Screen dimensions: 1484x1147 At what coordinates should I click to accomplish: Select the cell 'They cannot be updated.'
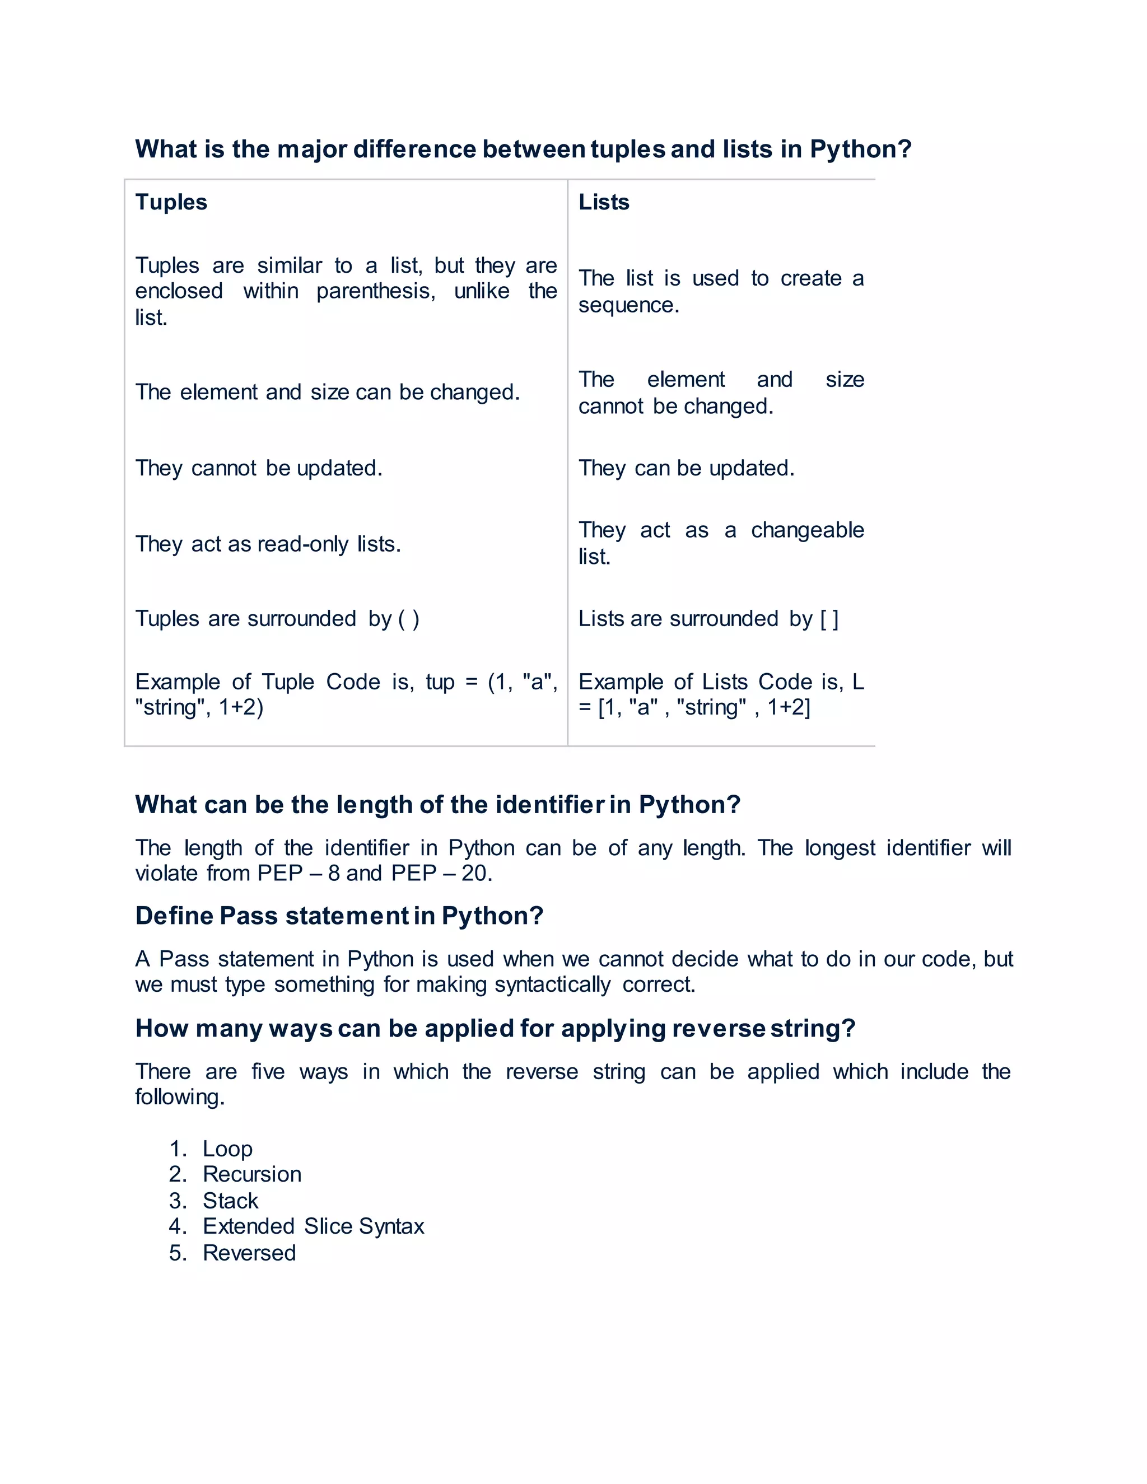pos(259,468)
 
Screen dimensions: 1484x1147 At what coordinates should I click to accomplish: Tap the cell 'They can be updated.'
pos(686,468)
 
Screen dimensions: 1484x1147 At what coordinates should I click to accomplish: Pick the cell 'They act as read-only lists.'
pos(268,544)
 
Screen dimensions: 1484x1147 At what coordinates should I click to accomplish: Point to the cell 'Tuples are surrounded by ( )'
pos(277,618)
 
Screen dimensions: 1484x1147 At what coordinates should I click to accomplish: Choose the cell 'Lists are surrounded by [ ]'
pos(708,618)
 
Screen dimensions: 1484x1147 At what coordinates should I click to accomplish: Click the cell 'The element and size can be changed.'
pos(328,392)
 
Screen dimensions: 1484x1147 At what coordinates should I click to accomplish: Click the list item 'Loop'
pos(227,1149)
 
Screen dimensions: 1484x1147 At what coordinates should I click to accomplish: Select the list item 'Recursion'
pos(251,1174)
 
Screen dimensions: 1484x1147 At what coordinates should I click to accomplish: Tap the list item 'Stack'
pos(230,1201)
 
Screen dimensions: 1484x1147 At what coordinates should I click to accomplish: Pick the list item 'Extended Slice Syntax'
pos(313,1226)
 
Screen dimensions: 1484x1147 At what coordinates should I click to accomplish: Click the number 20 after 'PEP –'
pos(475,873)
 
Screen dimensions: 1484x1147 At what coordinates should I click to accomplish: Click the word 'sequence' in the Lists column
pos(628,305)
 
